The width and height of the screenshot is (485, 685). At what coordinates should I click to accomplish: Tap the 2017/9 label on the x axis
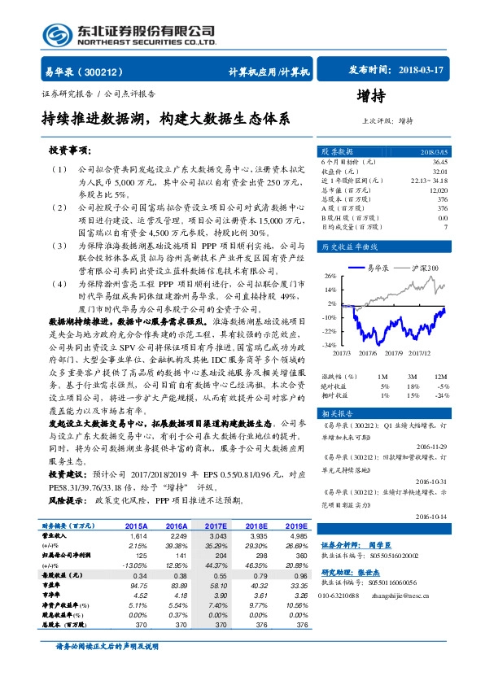[391, 353]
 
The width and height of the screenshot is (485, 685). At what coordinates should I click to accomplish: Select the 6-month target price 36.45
[439, 161]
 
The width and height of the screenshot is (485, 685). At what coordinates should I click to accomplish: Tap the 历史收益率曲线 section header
[351, 247]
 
